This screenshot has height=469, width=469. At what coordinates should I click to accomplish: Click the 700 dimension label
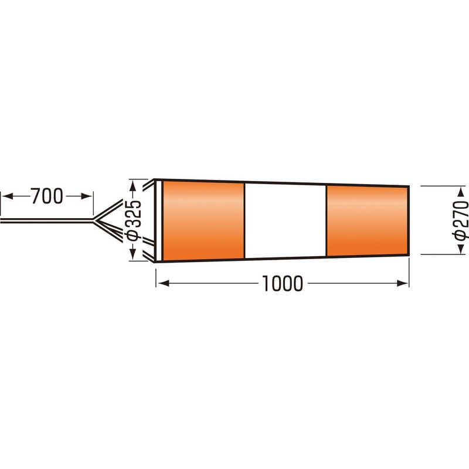tap(47, 196)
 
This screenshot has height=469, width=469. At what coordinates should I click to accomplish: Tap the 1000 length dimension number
tap(283, 283)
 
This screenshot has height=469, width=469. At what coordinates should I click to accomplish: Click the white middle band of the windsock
tap(286, 221)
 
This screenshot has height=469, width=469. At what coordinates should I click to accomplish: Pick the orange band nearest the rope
tap(203, 221)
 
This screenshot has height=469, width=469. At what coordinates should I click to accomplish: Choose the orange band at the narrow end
tap(368, 221)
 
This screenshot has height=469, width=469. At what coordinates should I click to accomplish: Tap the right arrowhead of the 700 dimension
tap(86, 196)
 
